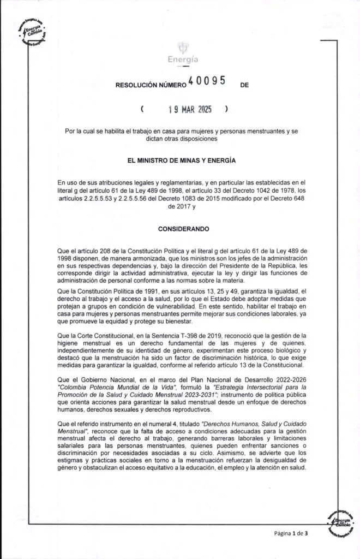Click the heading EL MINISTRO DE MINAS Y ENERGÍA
pos(181,161)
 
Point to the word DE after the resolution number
pos(244,85)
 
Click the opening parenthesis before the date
pos(142,109)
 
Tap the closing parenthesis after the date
pos(226,109)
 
